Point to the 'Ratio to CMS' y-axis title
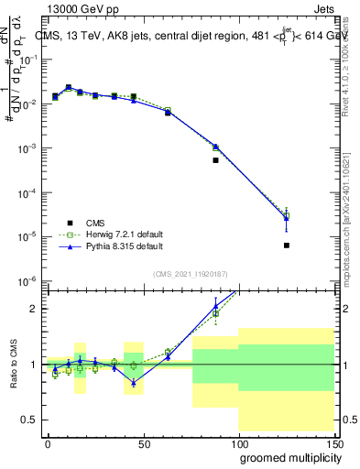point(13,364)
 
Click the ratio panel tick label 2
point(34,309)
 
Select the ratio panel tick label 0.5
point(29,420)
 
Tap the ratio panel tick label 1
point(34,365)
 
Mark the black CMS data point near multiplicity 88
point(215,160)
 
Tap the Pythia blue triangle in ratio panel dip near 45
point(134,383)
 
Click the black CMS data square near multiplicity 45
point(134,96)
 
